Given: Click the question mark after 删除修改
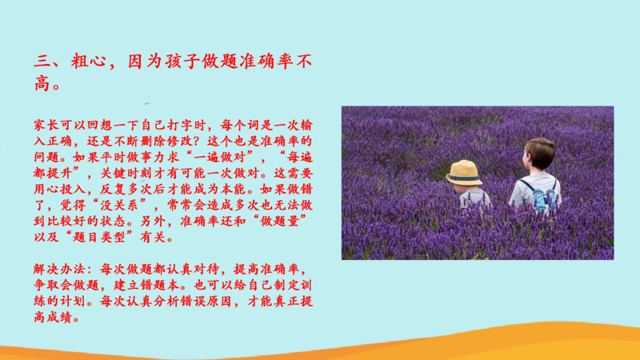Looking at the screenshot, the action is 198,142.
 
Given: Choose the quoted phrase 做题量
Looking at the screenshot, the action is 279,222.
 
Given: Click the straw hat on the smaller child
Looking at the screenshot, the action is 464,173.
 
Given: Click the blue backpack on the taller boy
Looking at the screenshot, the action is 543,197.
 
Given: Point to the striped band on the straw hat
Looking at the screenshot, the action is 464,178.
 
